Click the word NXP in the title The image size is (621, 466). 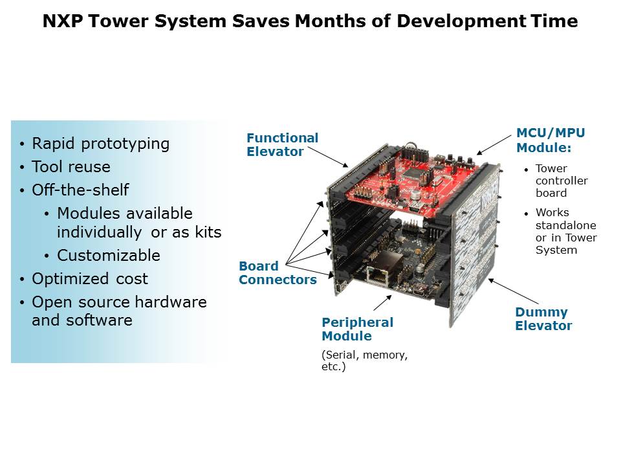click(x=63, y=21)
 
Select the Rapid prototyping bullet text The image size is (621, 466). click(x=101, y=144)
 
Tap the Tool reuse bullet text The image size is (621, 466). click(x=71, y=167)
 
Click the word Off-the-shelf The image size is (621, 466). click(x=80, y=190)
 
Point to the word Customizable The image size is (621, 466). click(x=109, y=255)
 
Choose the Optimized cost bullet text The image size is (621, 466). click(x=90, y=279)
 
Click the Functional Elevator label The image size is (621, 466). click(x=283, y=144)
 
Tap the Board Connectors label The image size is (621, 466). click(x=278, y=272)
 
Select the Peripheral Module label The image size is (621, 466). click(x=357, y=329)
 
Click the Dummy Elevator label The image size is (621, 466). click(x=543, y=319)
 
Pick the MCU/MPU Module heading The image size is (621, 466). click(x=550, y=140)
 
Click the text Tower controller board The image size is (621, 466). click(x=561, y=181)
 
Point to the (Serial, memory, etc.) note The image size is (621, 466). click(x=364, y=361)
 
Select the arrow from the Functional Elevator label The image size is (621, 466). click(x=328, y=157)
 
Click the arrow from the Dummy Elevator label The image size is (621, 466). click(x=514, y=291)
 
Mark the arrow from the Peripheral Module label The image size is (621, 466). click(x=382, y=303)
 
